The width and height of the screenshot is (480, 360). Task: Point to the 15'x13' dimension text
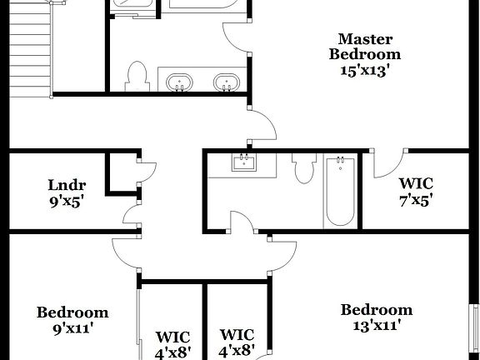(x=364, y=71)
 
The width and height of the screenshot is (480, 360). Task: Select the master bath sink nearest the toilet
(x=179, y=83)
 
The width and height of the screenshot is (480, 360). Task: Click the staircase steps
(x=29, y=50)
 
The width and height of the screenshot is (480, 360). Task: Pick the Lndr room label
(x=67, y=184)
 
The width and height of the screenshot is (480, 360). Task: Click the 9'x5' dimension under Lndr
(x=67, y=200)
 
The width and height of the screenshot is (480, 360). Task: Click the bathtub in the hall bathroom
(x=340, y=191)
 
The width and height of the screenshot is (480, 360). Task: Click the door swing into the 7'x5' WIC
(x=387, y=165)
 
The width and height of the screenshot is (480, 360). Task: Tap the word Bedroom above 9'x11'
(x=72, y=312)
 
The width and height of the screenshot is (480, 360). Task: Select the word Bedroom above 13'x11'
(x=376, y=310)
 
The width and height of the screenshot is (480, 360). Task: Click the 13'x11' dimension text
(x=376, y=326)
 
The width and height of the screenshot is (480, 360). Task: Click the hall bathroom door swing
(x=242, y=221)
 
